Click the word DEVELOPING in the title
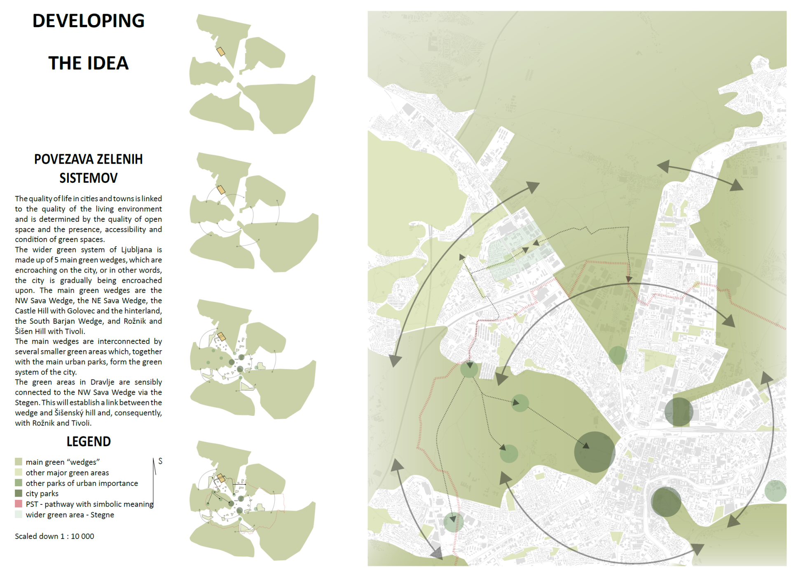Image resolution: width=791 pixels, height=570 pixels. coord(88,21)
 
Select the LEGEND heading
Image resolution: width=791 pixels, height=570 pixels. coord(89,442)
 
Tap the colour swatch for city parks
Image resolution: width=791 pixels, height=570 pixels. coord(19,493)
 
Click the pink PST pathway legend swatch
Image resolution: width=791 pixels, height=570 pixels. coord(19,504)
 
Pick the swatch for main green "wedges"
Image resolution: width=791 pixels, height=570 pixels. coord(19,462)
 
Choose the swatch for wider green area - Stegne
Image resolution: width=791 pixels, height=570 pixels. coord(19,514)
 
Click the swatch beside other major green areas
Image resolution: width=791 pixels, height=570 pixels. coord(19,472)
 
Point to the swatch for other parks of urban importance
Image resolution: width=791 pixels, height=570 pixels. coord(19,483)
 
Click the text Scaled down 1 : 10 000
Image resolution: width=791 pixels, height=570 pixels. coord(54,536)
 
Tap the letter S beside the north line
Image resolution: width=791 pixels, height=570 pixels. coord(160,461)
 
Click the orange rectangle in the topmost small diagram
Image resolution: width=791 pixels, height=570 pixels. coord(221,52)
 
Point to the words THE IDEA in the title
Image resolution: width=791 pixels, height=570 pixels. coord(88,64)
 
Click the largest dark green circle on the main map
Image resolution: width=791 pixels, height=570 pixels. coord(594,452)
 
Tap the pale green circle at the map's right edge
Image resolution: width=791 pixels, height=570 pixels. coord(775,491)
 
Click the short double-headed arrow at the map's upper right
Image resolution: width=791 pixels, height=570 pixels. coord(700,176)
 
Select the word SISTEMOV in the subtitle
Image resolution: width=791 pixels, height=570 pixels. coord(88,178)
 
